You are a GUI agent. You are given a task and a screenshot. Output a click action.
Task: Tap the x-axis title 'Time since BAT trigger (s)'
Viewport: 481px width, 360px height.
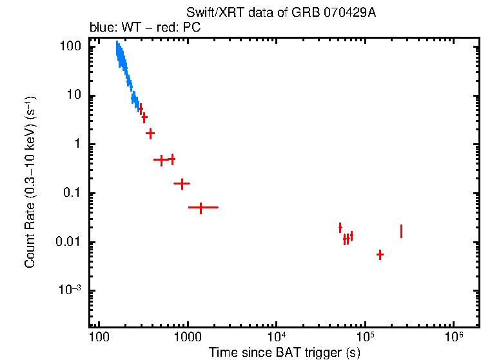[x=284, y=352]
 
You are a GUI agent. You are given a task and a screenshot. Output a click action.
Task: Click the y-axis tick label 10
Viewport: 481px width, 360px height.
[x=74, y=95]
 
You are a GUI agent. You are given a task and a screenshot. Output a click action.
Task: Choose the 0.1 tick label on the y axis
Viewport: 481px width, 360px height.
[x=73, y=194]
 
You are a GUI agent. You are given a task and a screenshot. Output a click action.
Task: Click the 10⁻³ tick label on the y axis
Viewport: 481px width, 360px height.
[x=70, y=290]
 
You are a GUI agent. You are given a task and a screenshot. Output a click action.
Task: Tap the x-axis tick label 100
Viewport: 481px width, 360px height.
[x=99, y=337]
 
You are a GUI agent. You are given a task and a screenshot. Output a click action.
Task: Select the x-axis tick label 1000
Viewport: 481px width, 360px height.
[x=188, y=337]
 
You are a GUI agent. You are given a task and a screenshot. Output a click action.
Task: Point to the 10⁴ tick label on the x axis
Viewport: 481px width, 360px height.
[x=277, y=335]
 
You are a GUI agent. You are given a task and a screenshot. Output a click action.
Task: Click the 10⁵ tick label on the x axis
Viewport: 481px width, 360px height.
[x=365, y=335]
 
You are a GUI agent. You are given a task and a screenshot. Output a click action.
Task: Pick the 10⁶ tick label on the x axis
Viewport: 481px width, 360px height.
[x=454, y=335]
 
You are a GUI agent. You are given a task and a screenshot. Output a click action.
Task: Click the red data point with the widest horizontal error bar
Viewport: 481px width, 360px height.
[x=201, y=207]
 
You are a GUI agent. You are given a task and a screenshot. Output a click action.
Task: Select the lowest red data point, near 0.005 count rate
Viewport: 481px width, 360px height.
[x=380, y=255]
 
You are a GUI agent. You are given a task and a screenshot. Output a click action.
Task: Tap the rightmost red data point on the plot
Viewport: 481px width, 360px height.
[x=401, y=231]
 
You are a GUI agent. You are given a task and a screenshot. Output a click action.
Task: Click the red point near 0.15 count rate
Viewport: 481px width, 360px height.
[x=182, y=184]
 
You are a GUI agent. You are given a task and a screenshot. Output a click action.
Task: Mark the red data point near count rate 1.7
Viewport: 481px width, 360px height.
[x=150, y=134]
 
